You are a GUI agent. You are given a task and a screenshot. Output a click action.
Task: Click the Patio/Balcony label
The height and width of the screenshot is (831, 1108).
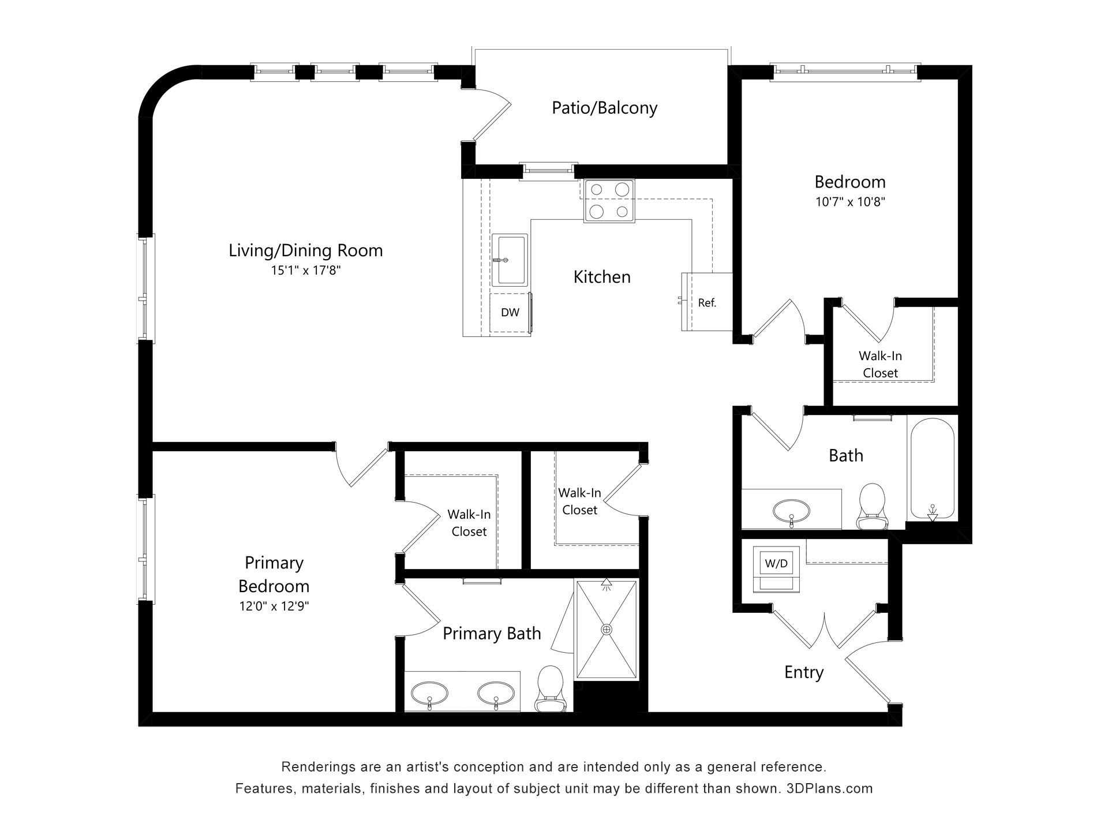coord(604,108)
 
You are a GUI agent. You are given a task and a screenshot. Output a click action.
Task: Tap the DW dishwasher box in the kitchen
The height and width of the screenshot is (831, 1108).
coord(510,313)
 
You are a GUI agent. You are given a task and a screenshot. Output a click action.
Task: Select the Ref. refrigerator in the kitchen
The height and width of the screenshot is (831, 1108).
coord(707,302)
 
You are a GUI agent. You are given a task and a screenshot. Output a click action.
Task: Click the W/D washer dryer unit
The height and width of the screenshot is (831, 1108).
coord(776,569)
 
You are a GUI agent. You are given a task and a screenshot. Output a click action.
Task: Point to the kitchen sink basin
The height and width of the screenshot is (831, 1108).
coord(509,260)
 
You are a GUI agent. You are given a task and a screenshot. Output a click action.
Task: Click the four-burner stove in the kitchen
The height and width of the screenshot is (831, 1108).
coord(609,201)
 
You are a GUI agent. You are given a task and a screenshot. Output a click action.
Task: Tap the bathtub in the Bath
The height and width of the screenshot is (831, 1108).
coord(932,469)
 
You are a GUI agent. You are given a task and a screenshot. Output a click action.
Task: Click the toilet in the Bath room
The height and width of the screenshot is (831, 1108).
coord(871,506)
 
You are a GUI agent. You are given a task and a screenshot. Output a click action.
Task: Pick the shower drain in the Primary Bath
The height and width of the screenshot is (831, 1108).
coord(607,629)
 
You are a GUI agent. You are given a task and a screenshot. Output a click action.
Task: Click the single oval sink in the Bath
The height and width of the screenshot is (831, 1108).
coord(791,510)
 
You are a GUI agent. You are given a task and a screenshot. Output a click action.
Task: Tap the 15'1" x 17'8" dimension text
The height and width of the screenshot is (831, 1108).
coord(306,270)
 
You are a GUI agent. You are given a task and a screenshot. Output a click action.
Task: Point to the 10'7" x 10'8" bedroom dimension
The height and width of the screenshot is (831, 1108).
coord(850,202)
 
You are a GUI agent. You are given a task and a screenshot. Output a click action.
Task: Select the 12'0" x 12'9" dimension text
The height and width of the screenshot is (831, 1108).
coord(274,606)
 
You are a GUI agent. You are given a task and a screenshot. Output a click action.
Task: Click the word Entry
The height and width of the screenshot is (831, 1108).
coord(804,672)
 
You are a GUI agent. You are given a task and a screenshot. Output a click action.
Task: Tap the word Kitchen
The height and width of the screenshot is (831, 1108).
coord(602,277)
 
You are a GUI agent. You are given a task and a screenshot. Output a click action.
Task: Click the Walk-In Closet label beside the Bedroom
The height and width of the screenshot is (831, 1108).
coord(880,365)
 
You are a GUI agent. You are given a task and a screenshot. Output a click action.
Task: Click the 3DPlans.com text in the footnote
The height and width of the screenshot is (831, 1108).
coord(829,788)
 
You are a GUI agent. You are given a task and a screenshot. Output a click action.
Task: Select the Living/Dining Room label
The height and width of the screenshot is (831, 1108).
coord(306,250)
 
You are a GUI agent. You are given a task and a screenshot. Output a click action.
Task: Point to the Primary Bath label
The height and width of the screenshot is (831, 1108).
coord(492,634)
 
